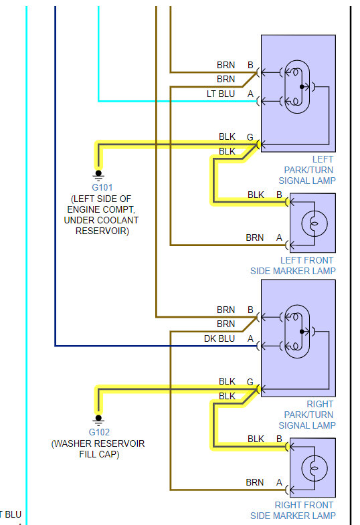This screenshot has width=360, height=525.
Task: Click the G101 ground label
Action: pos(102,187)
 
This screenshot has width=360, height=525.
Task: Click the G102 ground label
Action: pos(99,432)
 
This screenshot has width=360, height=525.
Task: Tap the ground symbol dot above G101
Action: pos(98,173)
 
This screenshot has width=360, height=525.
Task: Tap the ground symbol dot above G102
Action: pos(98,418)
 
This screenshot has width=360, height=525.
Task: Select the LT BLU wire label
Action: pos(221,94)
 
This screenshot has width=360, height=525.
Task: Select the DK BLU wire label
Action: pos(219,339)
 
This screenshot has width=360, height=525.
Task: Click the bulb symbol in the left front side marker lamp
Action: pos(314,223)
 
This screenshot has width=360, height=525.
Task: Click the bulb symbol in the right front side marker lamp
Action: pos(314,468)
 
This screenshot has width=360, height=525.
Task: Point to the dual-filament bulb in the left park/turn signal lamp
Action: pos(297,87)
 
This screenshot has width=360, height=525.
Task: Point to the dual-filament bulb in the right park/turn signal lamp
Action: pos(297,332)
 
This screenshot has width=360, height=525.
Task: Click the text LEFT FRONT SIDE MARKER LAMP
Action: pos(293,266)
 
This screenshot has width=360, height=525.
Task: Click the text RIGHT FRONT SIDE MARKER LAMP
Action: pos(293,510)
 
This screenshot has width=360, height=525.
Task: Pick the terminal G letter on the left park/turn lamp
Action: pos(250,137)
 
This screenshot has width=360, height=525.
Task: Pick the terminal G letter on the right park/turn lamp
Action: pos(250,382)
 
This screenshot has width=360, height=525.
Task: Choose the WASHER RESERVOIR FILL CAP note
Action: pos(98,449)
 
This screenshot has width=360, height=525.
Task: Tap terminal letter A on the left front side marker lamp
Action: pos(279,237)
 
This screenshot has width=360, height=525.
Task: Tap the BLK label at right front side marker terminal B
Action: pos(256,439)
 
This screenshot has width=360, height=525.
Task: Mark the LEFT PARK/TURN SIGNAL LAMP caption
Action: pos(307,170)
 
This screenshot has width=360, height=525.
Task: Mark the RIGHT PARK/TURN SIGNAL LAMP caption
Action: pos(307,415)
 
